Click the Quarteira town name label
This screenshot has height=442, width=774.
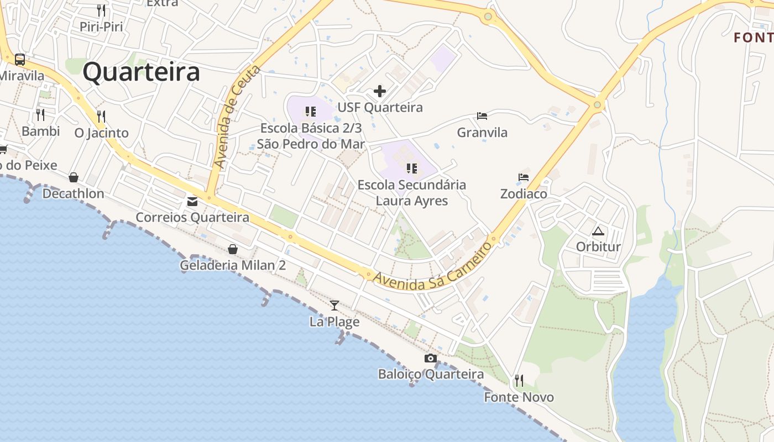[x=141, y=72]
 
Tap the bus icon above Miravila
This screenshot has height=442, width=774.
[x=20, y=59]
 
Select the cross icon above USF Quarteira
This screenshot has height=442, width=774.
[x=380, y=91]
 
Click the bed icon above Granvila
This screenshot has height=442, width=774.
[x=482, y=116]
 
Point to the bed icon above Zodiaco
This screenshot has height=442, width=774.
[x=524, y=177]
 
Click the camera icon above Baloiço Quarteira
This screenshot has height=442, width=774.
[x=431, y=359]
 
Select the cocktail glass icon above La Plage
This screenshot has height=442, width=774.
[x=334, y=305]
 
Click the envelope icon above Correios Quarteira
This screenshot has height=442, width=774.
[x=192, y=202]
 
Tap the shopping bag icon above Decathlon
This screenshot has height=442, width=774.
[x=73, y=177]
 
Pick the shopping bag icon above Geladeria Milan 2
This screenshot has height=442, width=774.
[x=233, y=249]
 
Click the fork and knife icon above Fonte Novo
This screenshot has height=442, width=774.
[x=519, y=381]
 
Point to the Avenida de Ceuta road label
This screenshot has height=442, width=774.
[x=237, y=117]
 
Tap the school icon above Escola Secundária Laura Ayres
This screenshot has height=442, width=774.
[x=411, y=168]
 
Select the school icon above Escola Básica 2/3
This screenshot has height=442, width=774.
[x=311, y=112]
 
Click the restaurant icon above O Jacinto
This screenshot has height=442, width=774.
[x=101, y=117]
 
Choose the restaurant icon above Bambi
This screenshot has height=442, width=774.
[x=40, y=115]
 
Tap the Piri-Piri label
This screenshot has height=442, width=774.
[x=101, y=27]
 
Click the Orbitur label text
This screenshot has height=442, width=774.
[x=598, y=246]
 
